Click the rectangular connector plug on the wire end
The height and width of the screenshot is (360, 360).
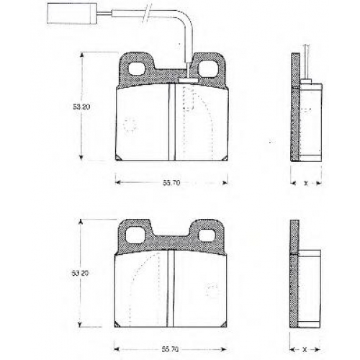(71, 14)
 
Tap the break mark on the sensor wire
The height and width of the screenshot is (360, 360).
(147, 13)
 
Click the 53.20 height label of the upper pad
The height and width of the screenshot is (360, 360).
(81, 107)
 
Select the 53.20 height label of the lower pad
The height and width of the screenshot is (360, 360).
(80, 273)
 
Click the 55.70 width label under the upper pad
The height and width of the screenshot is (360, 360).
(171, 183)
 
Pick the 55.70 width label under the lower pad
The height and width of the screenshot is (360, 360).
(170, 349)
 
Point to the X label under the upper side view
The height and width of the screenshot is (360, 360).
(306, 184)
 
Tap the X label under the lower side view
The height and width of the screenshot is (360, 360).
(305, 350)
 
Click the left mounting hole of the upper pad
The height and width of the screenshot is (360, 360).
(137, 68)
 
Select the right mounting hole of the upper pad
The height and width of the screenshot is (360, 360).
(207, 68)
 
